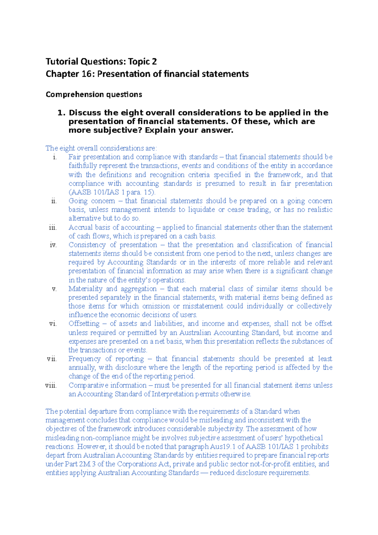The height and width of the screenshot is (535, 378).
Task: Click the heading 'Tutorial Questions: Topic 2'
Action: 101,61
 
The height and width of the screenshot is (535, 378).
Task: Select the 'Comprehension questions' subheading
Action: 94,95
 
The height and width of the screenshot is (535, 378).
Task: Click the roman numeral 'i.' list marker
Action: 55,157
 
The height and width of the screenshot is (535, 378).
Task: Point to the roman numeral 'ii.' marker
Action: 54,201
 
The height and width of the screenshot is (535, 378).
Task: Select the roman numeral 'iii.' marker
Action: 53,227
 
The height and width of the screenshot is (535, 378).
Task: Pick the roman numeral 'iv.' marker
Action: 53,245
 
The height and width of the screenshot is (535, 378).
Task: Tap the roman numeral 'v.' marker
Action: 54,289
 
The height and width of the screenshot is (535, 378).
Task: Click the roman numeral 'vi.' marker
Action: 53,324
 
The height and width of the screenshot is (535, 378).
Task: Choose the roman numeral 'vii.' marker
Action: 52,359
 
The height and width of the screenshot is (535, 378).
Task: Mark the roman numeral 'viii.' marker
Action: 51,385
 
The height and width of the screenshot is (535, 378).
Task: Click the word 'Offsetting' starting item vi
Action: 84,324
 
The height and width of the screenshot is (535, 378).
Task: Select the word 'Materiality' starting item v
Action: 85,289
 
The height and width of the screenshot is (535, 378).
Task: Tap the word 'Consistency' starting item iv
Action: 87,245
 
